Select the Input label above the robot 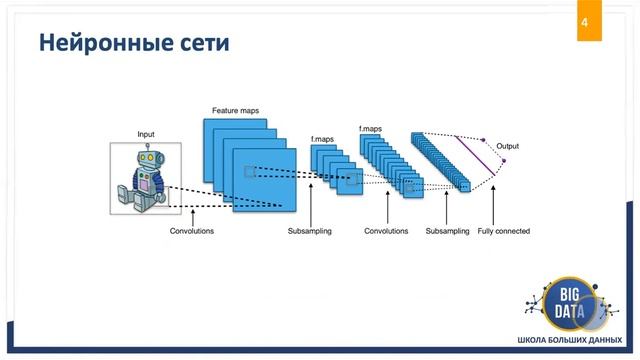click(x=146, y=133)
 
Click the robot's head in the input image click(x=148, y=158)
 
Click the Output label click(x=507, y=146)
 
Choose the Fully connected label click(x=503, y=231)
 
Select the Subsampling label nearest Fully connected click(x=447, y=231)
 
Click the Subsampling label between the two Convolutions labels click(x=309, y=231)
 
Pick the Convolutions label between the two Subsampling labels click(x=386, y=231)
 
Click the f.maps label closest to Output click(x=370, y=128)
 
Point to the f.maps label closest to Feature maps click(x=322, y=139)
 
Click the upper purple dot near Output click(x=483, y=139)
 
